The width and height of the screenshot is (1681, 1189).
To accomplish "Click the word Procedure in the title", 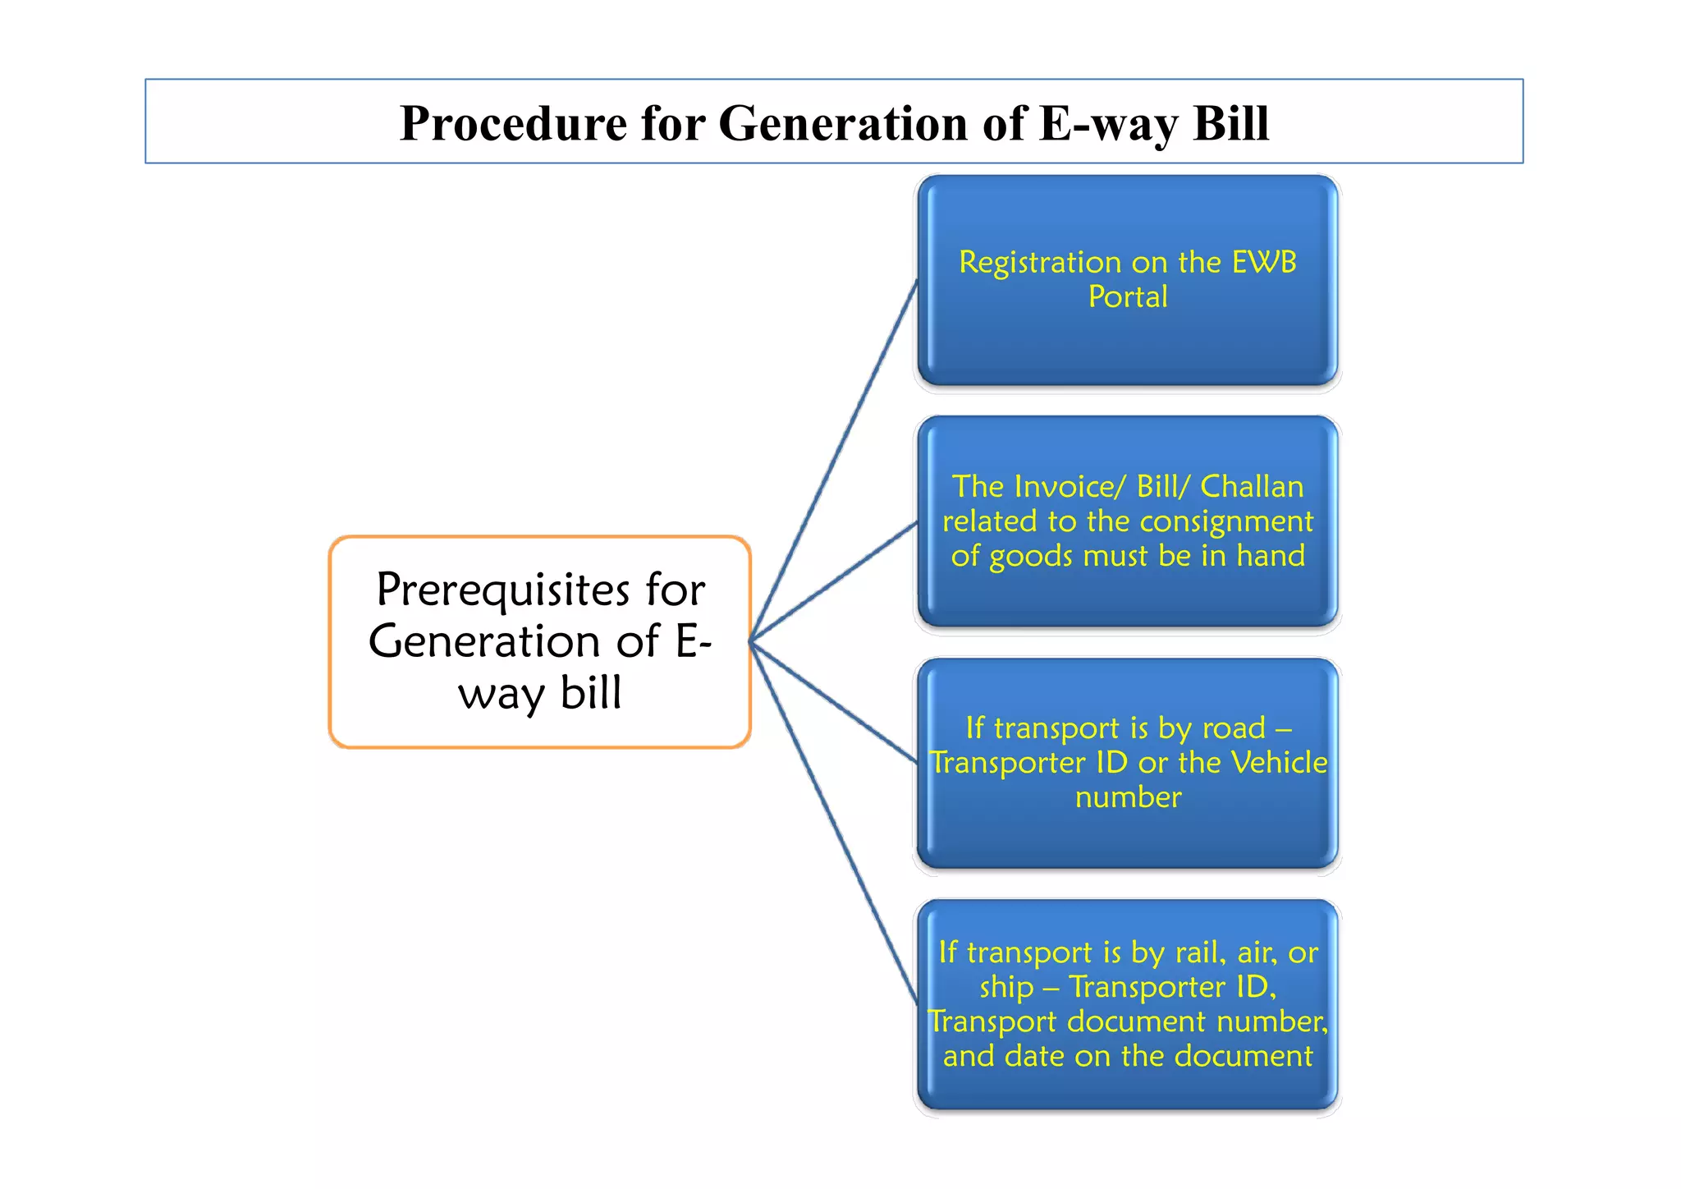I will pyautogui.click(x=512, y=124).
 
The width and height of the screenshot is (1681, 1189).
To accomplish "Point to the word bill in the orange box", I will pyautogui.click(x=591, y=693).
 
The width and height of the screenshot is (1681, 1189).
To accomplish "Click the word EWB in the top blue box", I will pyautogui.click(x=1264, y=263).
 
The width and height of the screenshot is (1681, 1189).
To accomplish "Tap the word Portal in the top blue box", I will pyautogui.click(x=1128, y=297).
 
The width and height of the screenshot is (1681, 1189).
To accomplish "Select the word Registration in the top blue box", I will pyautogui.click(x=1040, y=263).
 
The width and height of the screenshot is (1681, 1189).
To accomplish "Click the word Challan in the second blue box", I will pyautogui.click(x=1252, y=487).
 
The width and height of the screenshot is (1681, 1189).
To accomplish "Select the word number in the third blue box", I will pyautogui.click(x=1128, y=797).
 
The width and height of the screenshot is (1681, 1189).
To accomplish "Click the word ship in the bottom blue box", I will pyautogui.click(x=1006, y=987).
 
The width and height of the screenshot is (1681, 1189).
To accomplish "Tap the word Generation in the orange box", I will pyautogui.click(x=514, y=641).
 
